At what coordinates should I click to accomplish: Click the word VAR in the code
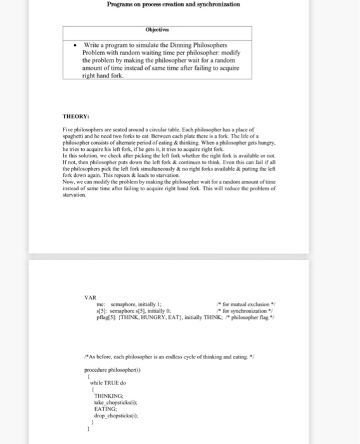point(91,298)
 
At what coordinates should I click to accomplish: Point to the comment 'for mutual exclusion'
point(245,304)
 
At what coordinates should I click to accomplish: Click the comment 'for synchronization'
point(243,311)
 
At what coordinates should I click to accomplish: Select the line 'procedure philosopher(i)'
point(110,369)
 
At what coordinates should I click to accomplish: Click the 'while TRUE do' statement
point(108,382)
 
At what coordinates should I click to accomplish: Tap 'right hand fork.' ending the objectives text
point(103,75)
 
